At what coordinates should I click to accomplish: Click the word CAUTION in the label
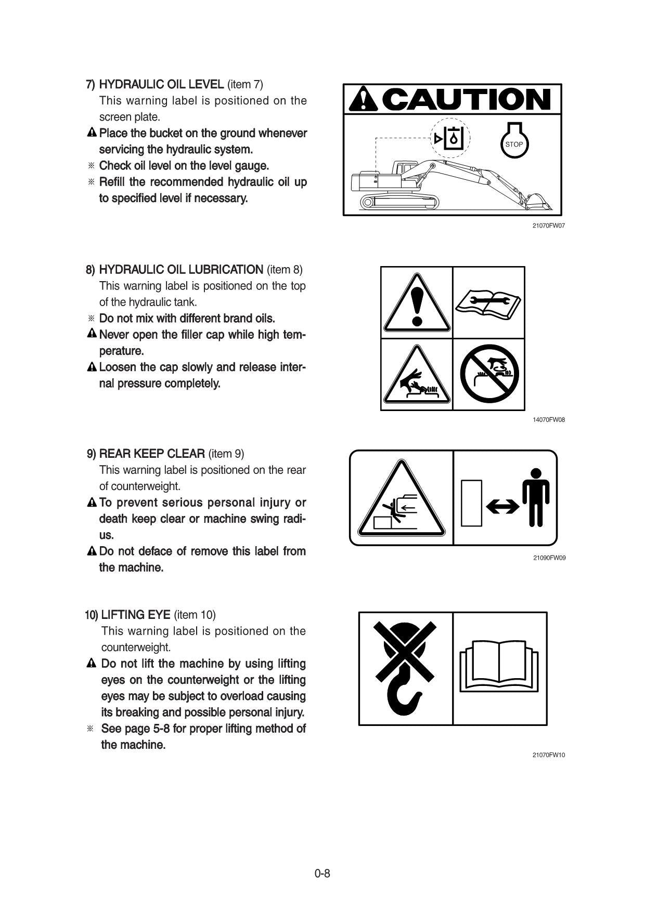[x=468, y=99]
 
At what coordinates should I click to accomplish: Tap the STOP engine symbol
[x=514, y=141]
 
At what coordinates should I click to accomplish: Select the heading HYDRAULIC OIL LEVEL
[x=161, y=84]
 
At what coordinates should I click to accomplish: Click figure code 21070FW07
[x=548, y=226]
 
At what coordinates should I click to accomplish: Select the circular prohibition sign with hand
[x=489, y=374]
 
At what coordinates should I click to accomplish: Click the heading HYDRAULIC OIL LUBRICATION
[x=181, y=270]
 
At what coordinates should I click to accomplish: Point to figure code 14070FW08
[x=548, y=419]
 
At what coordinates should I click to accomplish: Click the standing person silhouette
[x=536, y=497]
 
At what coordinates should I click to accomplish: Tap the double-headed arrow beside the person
[x=503, y=506]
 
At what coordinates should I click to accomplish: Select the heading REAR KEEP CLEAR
[x=152, y=454]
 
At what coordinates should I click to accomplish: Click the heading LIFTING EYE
[x=136, y=615]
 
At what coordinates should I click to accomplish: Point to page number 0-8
[x=322, y=874]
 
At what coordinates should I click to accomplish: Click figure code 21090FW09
[x=549, y=558]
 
